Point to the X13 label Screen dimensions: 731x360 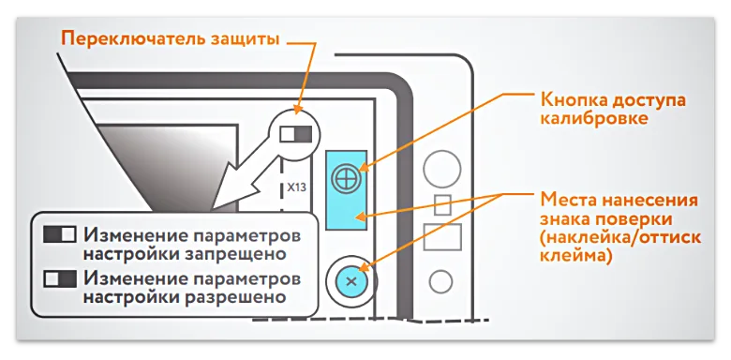coord(296,187)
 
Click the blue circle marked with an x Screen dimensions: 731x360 coord(351,280)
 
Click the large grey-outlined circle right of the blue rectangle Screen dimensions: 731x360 coord(441,169)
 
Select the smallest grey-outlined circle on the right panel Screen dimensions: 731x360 coord(440,279)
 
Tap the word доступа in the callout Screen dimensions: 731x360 coord(652,99)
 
